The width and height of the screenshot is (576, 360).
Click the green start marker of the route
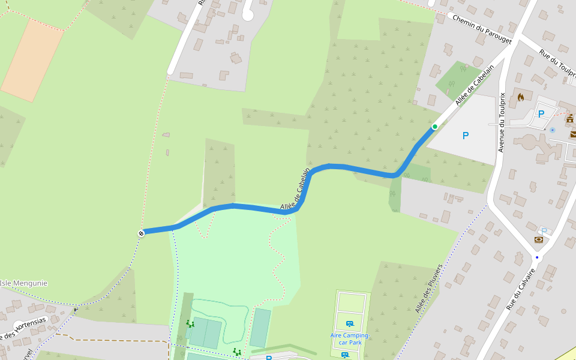tap(434, 127)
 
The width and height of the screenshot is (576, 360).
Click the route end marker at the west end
tap(141, 233)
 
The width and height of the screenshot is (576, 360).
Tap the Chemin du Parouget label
tap(482, 29)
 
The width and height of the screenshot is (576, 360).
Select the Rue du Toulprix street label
tap(557, 64)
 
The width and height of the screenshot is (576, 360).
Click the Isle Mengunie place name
tap(23, 283)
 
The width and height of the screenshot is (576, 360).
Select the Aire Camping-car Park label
tap(350, 339)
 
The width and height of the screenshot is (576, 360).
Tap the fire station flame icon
tap(521, 97)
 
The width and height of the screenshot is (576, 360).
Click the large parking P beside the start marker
tap(466, 136)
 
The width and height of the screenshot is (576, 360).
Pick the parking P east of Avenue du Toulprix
tap(541, 114)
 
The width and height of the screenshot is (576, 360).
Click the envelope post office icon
tap(573, 134)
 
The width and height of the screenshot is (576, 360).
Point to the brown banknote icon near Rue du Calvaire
tap(538, 240)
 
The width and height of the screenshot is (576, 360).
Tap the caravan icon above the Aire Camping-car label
tap(350, 324)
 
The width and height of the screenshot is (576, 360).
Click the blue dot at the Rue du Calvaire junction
tap(537, 257)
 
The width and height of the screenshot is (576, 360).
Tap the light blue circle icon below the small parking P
tap(553, 130)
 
